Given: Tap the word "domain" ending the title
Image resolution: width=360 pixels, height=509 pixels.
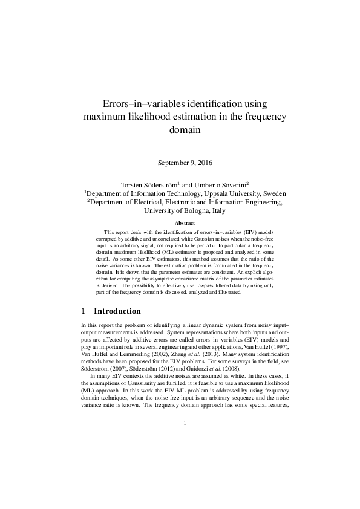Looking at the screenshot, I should coord(180,129).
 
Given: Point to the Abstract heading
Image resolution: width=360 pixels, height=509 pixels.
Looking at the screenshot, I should coord(180,224).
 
